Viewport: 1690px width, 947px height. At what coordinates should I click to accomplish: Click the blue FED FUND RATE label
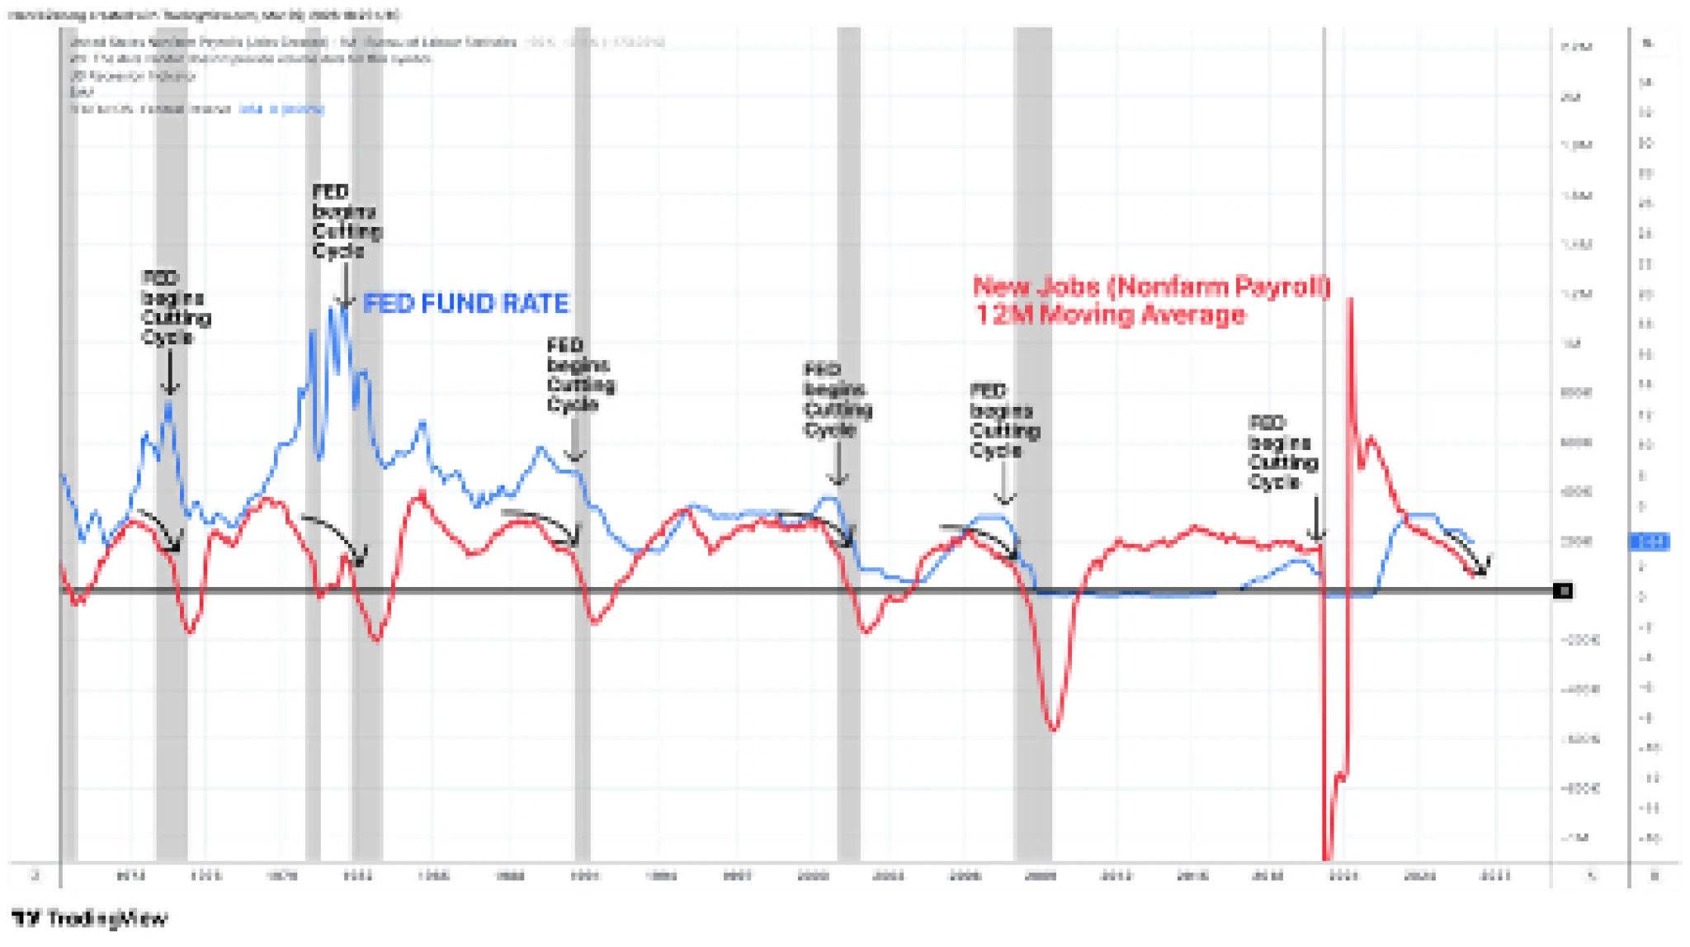[x=465, y=304]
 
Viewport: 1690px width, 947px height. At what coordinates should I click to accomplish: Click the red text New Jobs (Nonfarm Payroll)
[x=1151, y=286]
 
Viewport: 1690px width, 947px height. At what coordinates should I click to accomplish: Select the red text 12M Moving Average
[x=1110, y=315]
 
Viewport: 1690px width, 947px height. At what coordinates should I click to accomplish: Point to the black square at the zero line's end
[x=1562, y=590]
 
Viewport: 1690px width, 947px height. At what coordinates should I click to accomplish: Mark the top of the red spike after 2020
[x=1350, y=300]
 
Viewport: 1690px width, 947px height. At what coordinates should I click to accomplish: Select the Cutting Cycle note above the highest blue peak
[x=346, y=221]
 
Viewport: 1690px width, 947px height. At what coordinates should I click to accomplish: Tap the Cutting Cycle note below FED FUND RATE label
[x=580, y=375]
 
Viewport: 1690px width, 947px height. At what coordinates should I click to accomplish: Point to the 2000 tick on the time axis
[x=813, y=875]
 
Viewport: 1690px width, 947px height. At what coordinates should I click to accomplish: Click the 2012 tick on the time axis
[x=1116, y=875]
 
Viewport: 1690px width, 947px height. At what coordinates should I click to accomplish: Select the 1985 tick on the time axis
[x=433, y=875]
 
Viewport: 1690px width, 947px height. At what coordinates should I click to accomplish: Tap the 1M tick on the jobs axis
[x=1572, y=343]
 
